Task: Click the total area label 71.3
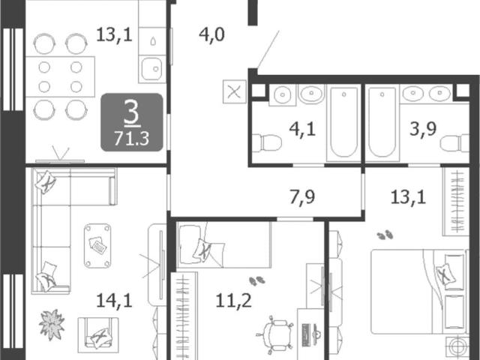[x=132, y=138]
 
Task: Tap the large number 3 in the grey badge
[x=132, y=113]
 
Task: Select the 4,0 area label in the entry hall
[x=211, y=34]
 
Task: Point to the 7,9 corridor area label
[x=302, y=196]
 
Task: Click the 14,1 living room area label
[x=114, y=300]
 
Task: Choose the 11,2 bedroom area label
[x=234, y=300]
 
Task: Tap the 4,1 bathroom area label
[x=302, y=129]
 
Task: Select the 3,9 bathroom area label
[x=423, y=129]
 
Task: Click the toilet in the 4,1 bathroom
[x=267, y=142]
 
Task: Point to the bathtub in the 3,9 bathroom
[x=382, y=122]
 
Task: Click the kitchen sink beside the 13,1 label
[x=151, y=70]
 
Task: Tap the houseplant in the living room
[x=52, y=325]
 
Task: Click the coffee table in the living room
[x=97, y=246]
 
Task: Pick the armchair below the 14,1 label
[x=98, y=334]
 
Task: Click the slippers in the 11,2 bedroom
[x=257, y=280]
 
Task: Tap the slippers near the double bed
[x=385, y=235]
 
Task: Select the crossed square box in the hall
[x=235, y=91]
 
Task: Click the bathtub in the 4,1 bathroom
[x=343, y=122]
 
